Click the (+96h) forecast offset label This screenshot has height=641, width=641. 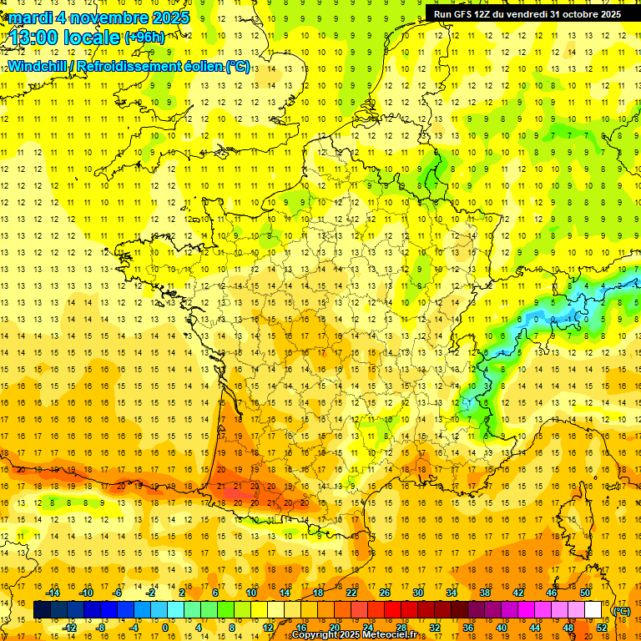[x=144, y=38]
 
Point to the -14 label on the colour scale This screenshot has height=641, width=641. [x=53, y=593]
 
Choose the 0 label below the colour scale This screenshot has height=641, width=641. [x=164, y=627]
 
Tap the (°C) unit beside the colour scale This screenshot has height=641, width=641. [x=621, y=611]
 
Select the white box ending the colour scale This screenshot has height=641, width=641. [x=593, y=610]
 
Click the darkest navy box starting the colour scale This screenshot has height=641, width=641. [x=42, y=610]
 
